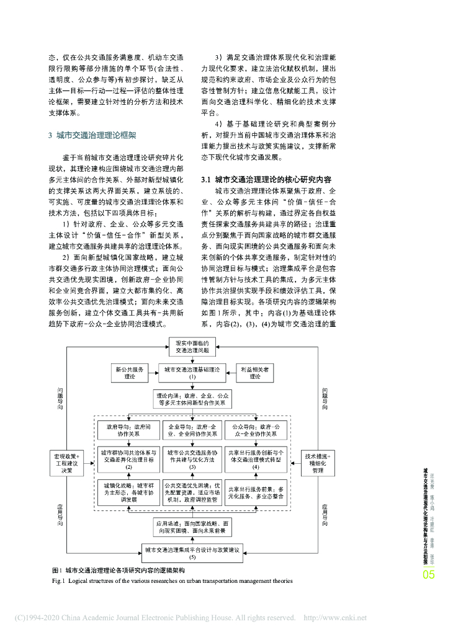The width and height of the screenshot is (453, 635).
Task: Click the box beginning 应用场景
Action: pos(193,527)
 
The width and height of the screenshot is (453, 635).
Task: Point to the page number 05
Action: pos(429,575)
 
